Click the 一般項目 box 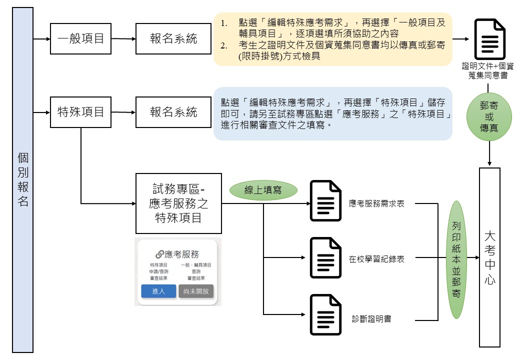80,38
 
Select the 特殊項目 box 80,112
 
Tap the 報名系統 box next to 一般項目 173,38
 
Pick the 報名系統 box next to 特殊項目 173,112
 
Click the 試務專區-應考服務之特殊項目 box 178,203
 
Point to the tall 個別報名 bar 22,180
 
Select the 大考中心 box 489,257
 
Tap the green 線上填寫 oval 263,190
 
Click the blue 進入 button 158,291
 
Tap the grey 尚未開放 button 196,291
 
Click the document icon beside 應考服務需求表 325,200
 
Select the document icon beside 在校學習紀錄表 325,258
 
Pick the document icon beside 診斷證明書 325,315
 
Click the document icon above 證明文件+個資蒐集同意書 489,39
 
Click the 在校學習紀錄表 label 377,259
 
